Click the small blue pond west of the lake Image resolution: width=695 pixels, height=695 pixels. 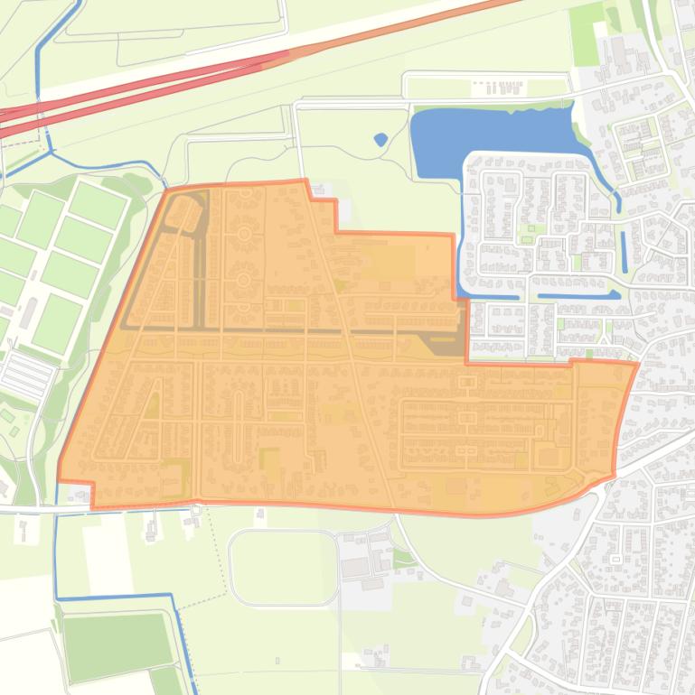tap(380, 140)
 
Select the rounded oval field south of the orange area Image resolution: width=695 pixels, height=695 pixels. tap(283, 567)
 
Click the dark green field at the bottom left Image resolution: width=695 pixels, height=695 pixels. tap(117, 645)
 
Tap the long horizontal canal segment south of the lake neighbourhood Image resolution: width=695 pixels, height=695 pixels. tap(578, 295)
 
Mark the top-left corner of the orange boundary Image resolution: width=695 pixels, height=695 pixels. tap(168, 190)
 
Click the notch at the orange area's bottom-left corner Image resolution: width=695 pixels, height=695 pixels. tap(92, 494)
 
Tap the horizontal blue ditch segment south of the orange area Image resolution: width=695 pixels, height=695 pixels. tap(113, 596)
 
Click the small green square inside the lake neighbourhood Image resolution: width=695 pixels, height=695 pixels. tap(532, 238)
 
